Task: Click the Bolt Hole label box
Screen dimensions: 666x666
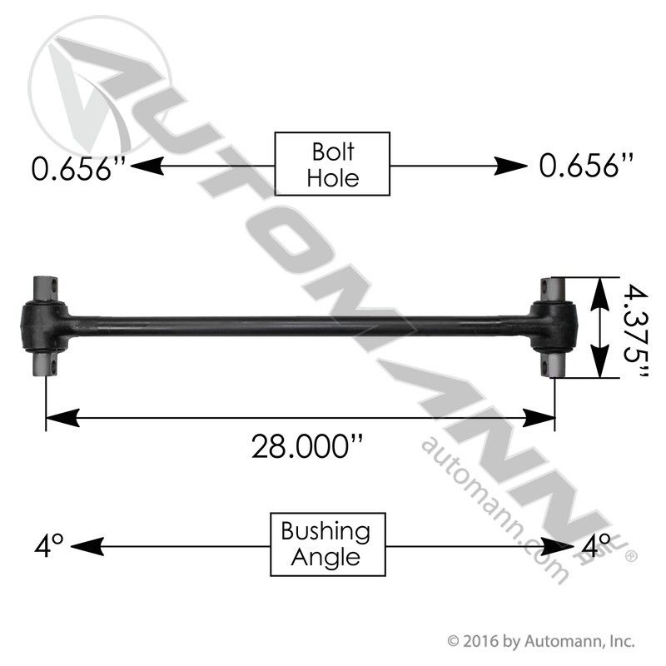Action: (332, 164)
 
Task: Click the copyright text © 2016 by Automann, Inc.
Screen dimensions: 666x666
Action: (541, 641)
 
